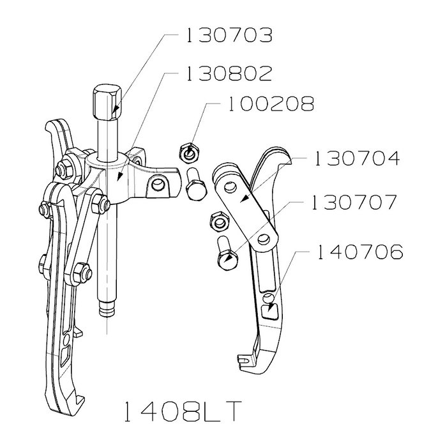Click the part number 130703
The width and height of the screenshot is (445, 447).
(x=229, y=35)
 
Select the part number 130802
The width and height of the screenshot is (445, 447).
(x=229, y=73)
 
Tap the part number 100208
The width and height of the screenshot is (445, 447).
(x=271, y=103)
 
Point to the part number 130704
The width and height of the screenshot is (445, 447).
(x=357, y=158)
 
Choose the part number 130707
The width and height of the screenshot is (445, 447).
(x=354, y=202)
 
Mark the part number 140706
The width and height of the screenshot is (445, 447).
(x=360, y=252)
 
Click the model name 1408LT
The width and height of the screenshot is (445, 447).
(x=183, y=411)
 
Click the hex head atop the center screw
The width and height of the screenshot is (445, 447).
(x=107, y=102)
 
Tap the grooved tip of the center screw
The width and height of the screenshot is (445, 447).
(x=107, y=310)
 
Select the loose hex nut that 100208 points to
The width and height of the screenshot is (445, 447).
(x=190, y=153)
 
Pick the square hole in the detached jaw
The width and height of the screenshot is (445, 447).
(x=269, y=312)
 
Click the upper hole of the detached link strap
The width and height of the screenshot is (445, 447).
(x=230, y=187)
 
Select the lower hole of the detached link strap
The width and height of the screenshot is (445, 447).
(x=264, y=239)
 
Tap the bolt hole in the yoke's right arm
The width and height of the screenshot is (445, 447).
(x=156, y=185)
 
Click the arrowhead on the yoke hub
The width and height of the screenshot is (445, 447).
(x=120, y=178)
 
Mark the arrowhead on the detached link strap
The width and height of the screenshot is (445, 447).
(x=245, y=199)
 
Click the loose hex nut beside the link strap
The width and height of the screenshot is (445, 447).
(x=219, y=221)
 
